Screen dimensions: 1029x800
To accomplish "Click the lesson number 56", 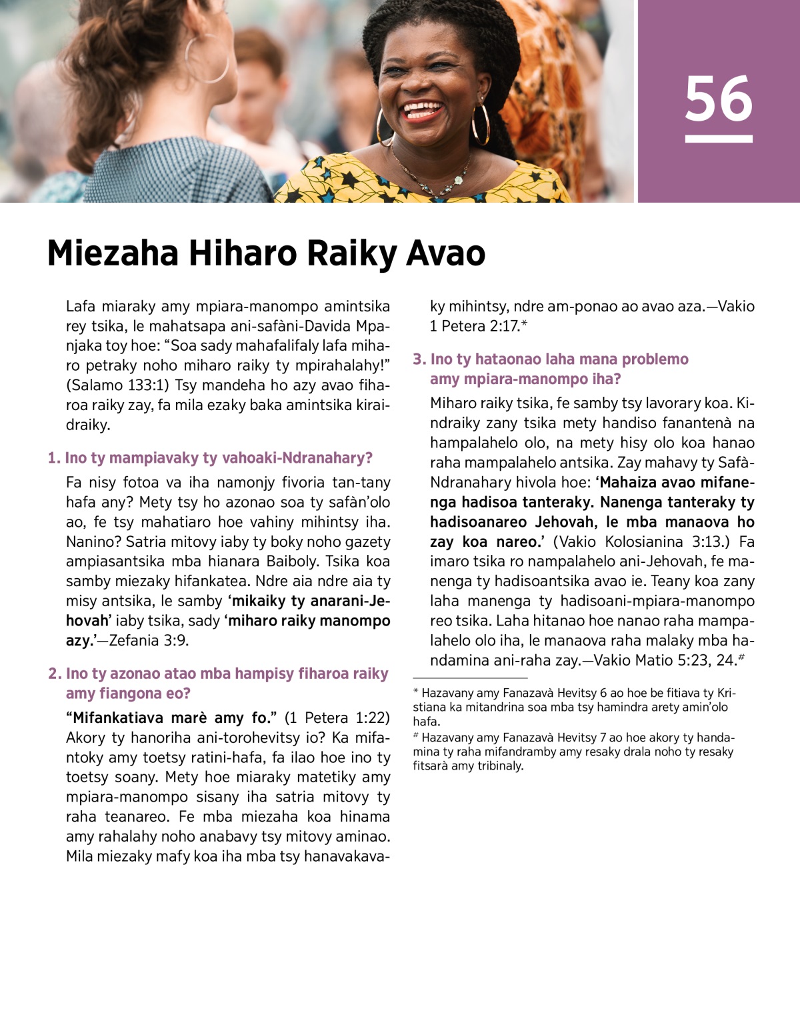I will pos(719,99).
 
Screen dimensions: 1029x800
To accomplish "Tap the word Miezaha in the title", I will pos(113,254).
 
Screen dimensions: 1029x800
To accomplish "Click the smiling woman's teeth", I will pos(422,109).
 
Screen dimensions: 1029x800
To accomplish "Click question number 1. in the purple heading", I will pos(54,458).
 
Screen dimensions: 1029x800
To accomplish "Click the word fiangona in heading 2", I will pos(127,694).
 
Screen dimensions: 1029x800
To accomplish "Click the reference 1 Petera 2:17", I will pos(474,326).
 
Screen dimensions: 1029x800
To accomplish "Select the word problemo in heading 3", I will pos(655,359).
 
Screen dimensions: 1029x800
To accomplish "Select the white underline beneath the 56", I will pos(719,139).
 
